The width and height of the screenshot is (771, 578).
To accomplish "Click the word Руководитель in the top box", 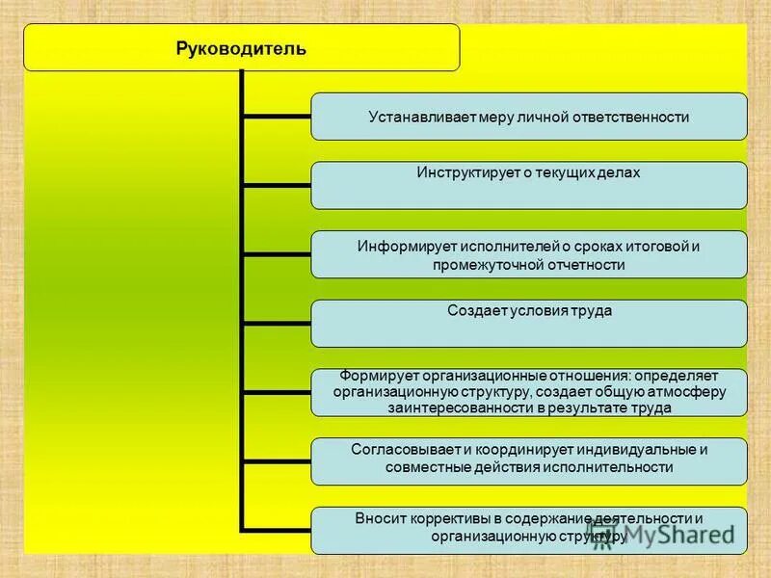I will click(242, 48).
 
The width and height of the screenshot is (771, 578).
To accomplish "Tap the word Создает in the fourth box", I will click(473, 311).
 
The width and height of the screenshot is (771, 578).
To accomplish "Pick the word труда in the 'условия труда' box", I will click(592, 311).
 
